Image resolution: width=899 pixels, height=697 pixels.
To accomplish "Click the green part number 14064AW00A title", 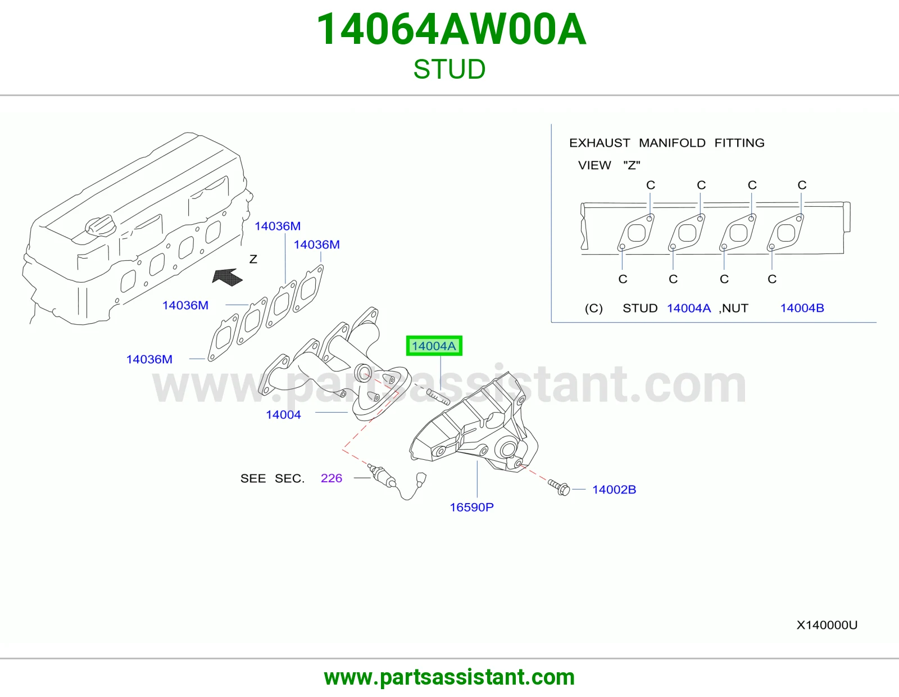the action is (451, 30).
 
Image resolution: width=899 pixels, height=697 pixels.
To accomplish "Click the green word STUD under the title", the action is (449, 69).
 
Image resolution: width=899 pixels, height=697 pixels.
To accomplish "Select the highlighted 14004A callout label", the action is (434, 346).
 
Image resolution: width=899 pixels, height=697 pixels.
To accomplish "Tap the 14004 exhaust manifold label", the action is (283, 414).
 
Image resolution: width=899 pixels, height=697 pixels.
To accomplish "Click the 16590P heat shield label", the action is (471, 507).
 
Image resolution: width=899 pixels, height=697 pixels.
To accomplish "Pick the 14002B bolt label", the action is (614, 490).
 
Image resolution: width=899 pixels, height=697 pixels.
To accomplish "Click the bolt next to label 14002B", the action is (559, 487).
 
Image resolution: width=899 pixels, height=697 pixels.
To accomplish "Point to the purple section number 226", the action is (332, 478).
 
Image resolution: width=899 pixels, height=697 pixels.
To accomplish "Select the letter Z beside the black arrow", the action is (253, 259).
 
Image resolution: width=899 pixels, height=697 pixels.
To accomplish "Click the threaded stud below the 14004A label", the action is (438, 396).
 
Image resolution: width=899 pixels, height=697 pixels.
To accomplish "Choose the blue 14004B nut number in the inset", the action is (802, 308).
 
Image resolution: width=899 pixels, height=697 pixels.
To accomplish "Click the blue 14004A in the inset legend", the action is (689, 308).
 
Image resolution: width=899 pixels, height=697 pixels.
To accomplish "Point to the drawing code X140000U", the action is (827, 625).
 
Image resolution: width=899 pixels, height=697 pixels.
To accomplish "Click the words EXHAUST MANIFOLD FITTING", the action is (666, 143).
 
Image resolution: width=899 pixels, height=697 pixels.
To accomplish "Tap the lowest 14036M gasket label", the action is (149, 359).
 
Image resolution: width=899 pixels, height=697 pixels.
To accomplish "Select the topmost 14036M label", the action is (278, 226).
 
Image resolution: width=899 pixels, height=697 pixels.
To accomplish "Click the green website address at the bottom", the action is (449, 677).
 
